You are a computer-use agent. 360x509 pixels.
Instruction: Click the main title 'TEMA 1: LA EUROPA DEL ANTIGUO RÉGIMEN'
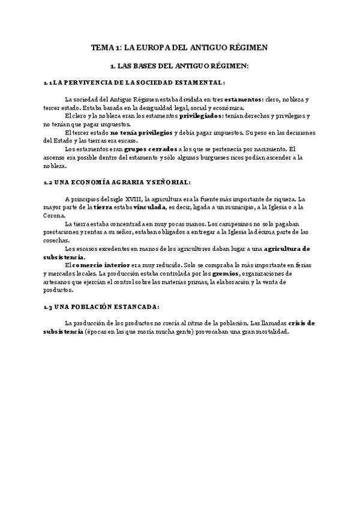(179, 46)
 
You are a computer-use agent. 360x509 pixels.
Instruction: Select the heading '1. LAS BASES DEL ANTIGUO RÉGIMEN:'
(179, 65)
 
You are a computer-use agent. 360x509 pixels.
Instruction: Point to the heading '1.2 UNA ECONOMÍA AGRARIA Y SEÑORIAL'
(118, 182)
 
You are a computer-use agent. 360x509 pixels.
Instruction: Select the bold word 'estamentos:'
(243, 100)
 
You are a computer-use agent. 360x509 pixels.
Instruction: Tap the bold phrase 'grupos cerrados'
(150, 149)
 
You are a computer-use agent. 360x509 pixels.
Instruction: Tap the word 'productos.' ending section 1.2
(58, 289)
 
